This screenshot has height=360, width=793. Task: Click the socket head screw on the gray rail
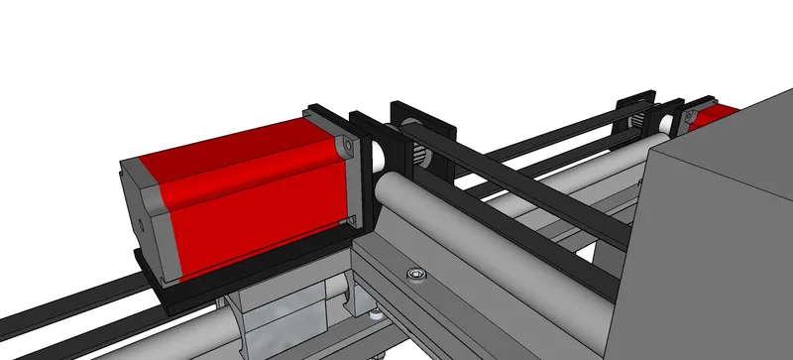(x=413, y=273)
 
